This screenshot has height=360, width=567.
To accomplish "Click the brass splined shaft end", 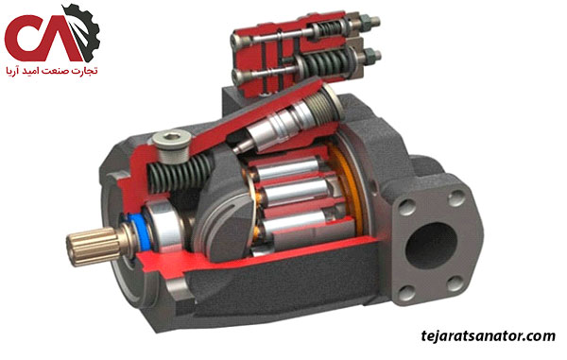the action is pyautogui.click(x=94, y=245).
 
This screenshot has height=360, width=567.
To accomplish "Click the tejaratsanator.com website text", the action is pyautogui.click(x=489, y=336).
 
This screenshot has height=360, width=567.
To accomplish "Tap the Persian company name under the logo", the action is pyautogui.click(x=52, y=70).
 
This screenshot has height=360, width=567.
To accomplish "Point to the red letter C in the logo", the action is pyautogui.click(x=26, y=38).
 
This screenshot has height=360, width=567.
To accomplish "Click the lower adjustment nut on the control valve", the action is pyautogui.click(x=369, y=56).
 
